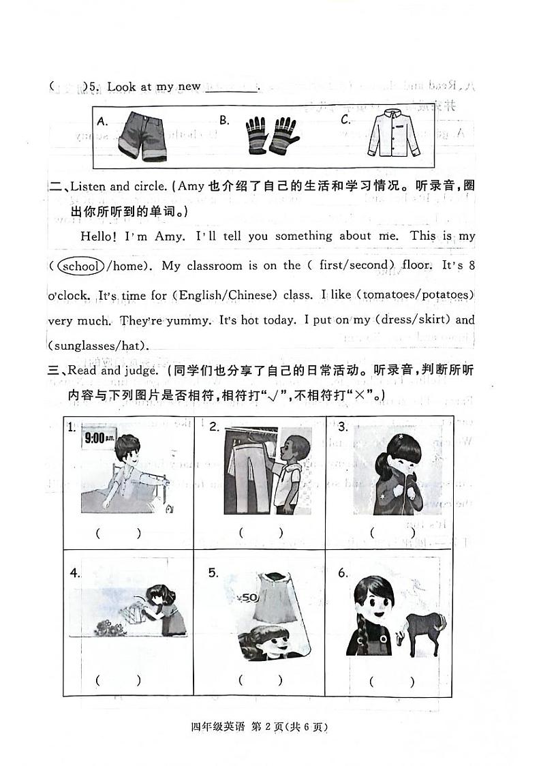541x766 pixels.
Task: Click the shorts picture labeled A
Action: [142, 136]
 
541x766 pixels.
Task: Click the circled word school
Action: [80, 266]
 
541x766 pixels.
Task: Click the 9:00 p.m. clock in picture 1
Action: [99, 438]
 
